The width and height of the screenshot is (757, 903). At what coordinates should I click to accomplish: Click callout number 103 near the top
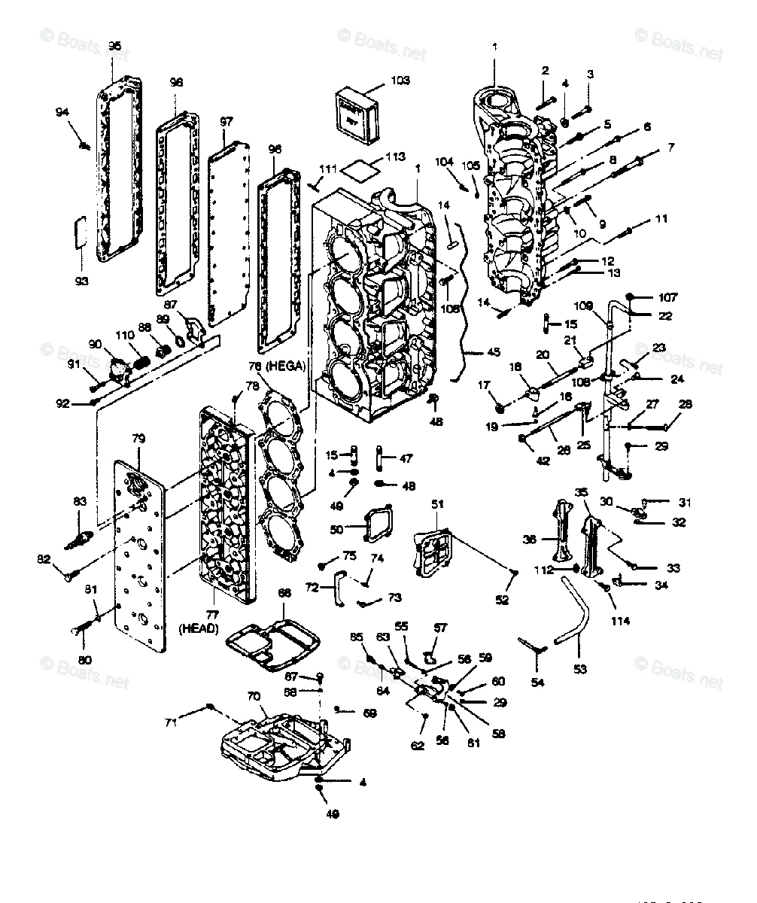coord(400,80)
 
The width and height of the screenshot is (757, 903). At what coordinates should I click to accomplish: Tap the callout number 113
coord(395,157)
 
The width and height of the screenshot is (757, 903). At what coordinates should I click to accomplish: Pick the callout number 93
coord(81,281)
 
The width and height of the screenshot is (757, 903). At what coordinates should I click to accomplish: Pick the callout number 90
coord(95,344)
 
